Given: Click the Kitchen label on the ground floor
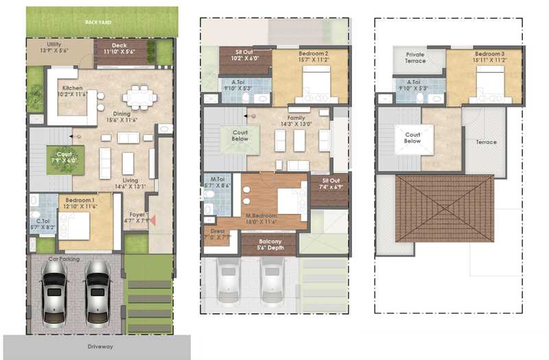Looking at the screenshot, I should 73,88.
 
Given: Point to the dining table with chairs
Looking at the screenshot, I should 140,97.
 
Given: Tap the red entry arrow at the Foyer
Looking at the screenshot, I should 152,220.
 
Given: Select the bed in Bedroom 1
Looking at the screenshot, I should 73,226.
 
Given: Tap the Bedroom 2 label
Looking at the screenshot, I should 312,53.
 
